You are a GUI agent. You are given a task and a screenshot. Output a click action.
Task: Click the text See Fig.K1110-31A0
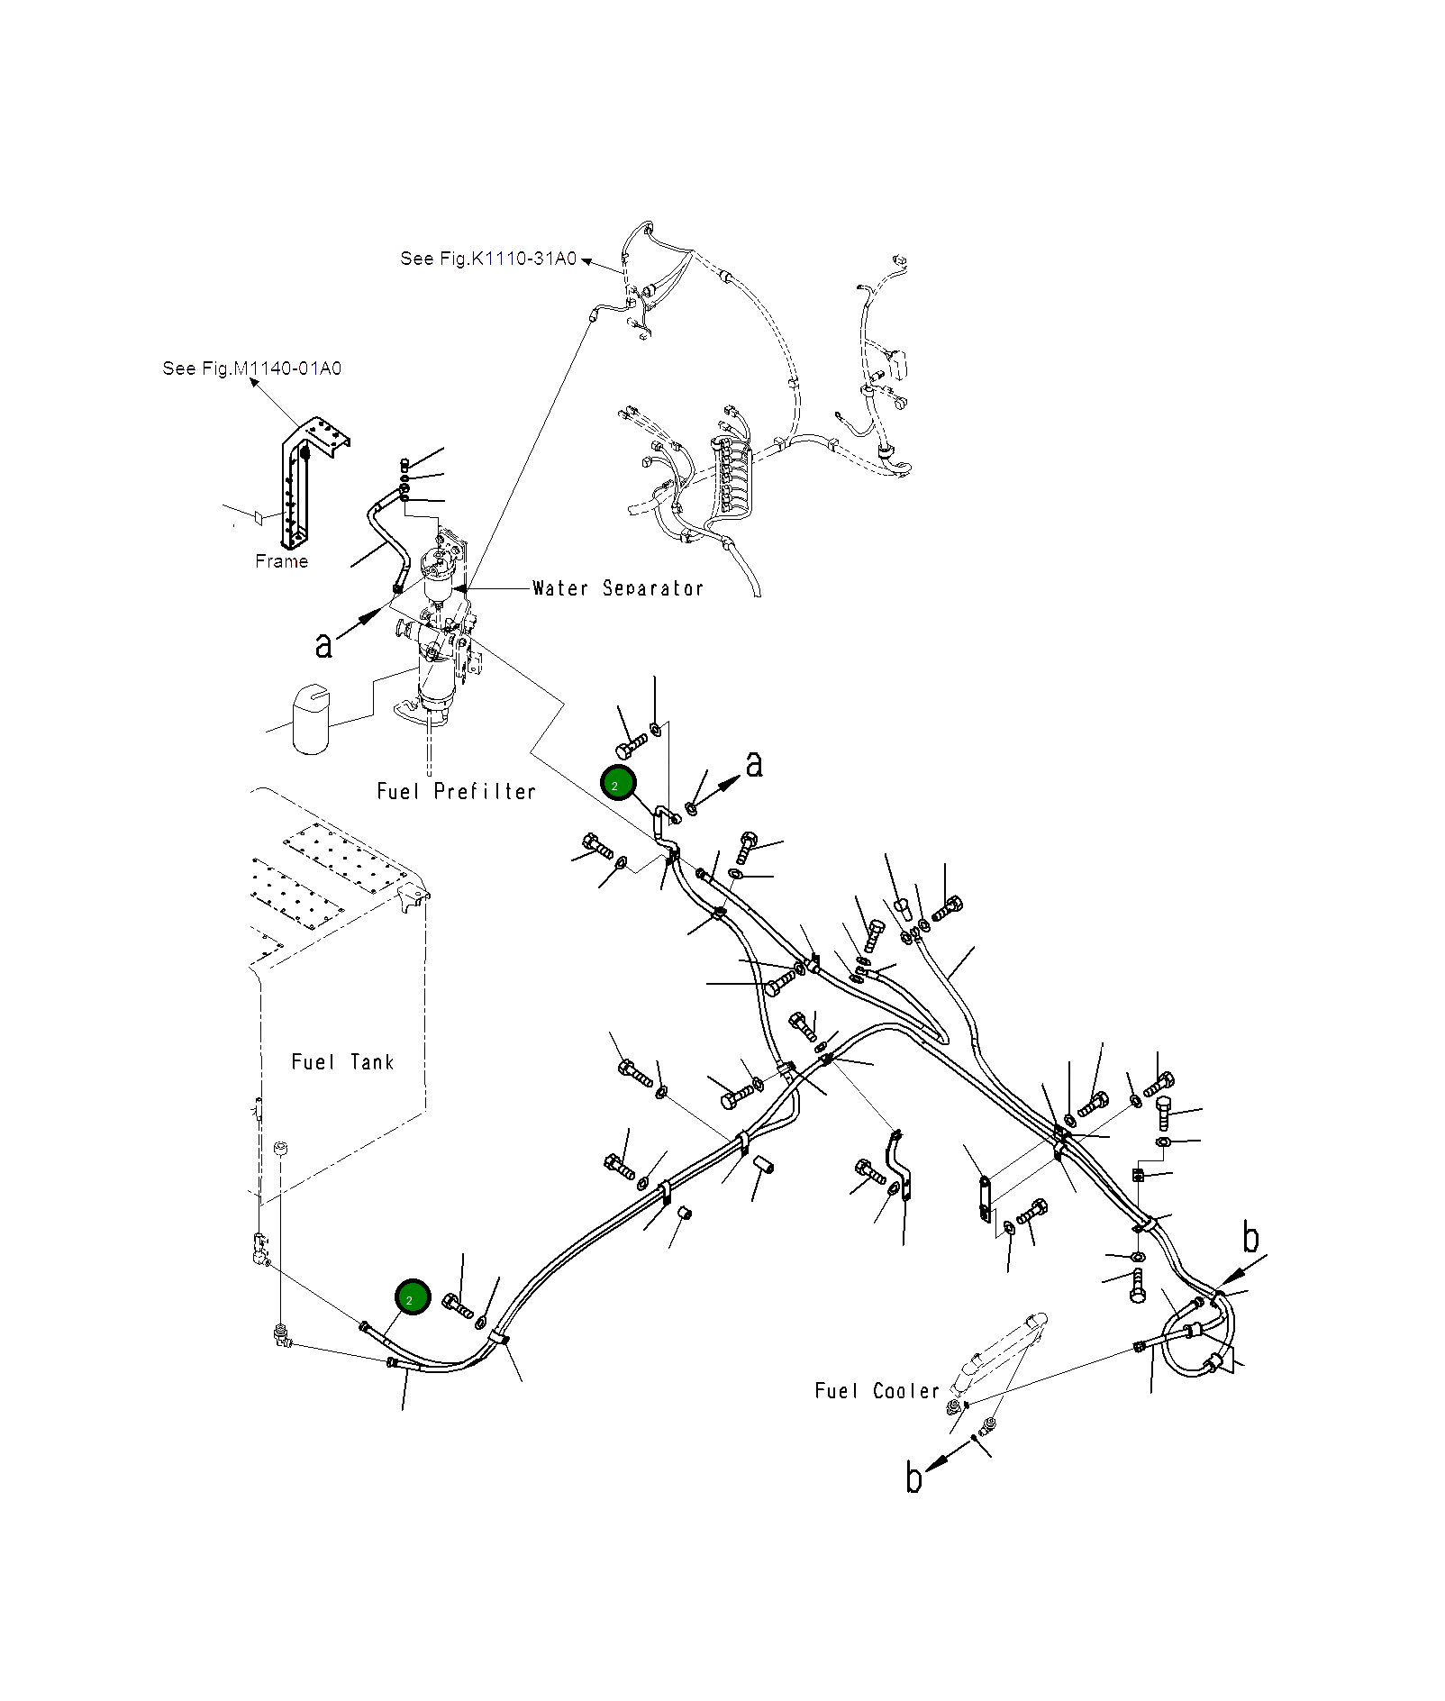coord(488,259)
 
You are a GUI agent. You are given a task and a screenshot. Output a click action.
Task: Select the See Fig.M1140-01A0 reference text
coord(252,368)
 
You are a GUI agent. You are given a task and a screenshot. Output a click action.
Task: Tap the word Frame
coord(281,561)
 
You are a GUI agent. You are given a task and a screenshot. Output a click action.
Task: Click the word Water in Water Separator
coord(559,588)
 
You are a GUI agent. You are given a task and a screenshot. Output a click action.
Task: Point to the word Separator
coord(653,588)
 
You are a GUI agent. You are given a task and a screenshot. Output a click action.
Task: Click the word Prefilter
coord(485,792)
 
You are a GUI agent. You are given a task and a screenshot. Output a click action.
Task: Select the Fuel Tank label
coord(342,1062)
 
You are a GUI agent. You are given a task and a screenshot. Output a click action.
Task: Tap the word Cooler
coord(906,1391)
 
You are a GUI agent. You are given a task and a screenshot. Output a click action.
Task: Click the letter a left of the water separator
coord(323,645)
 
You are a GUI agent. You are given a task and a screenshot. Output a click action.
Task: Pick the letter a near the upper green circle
coord(754,764)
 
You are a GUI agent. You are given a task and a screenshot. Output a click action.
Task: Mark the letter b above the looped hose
coord(1250,1238)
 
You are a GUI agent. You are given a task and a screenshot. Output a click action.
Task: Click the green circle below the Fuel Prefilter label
coord(618,785)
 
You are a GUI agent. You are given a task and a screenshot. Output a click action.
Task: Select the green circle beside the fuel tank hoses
coord(413,1297)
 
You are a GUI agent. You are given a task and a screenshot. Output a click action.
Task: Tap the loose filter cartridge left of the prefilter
coord(311,718)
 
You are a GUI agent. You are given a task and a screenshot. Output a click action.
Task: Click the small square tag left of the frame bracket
coord(257,517)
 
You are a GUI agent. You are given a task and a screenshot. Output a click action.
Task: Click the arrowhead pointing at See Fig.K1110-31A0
coord(586,261)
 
